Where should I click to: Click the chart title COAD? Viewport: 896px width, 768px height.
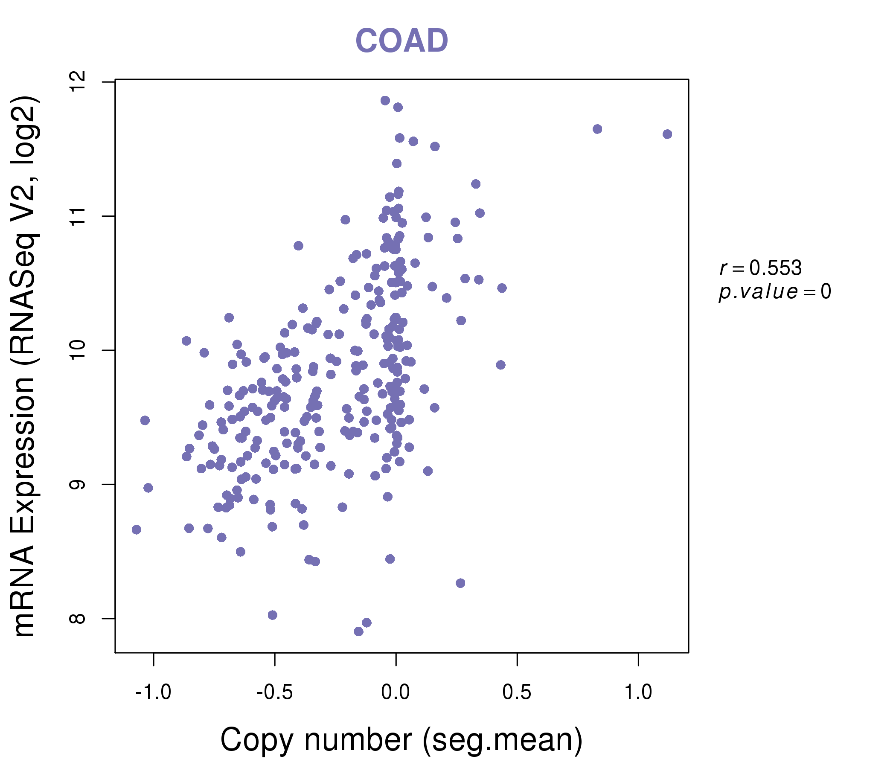[x=401, y=41]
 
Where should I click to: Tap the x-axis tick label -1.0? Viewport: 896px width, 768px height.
[x=154, y=692]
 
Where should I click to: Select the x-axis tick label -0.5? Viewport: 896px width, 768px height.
[x=275, y=692]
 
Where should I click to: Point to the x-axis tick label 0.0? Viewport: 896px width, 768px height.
[x=396, y=692]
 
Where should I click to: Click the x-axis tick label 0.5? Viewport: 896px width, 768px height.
[x=517, y=692]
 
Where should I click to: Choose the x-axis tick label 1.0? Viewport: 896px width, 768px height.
[x=638, y=692]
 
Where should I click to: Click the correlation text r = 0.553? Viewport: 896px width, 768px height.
[x=761, y=268]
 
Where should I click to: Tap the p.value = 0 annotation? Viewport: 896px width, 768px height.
[x=774, y=292]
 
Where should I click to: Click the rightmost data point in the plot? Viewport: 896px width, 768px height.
[x=667, y=134]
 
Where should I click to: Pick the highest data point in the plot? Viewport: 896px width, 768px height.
[x=385, y=101]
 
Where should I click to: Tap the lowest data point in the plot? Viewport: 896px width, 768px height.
[x=358, y=631]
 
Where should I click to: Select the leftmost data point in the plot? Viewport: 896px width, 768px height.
[x=136, y=530]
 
